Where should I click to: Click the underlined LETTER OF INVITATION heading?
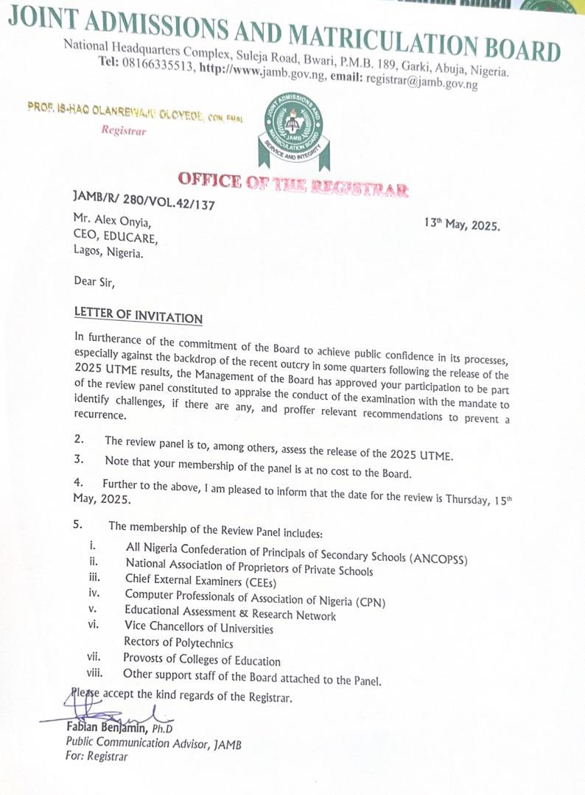click(x=138, y=315)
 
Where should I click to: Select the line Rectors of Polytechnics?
click(x=178, y=643)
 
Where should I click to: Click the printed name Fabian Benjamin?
click(x=108, y=728)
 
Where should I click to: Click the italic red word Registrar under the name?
click(x=124, y=131)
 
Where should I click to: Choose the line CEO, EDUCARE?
click(x=116, y=238)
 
